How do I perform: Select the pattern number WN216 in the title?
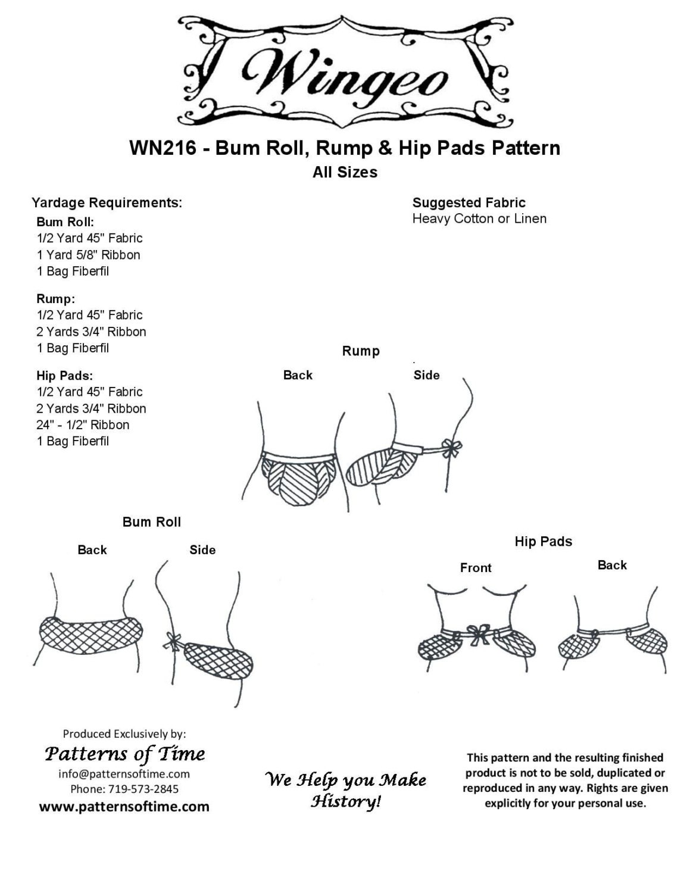163,148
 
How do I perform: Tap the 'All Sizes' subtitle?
345,172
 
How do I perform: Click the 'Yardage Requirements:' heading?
107,202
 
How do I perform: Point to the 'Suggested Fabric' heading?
469,202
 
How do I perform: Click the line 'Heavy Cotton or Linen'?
479,218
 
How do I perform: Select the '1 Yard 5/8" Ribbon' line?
88,255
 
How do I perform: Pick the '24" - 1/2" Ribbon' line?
83,424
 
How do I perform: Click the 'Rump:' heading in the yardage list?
56,299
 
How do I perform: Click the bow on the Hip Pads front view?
479,634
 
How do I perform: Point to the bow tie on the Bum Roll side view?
173,642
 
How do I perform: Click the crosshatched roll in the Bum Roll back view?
91,635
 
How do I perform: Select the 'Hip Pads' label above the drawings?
544,542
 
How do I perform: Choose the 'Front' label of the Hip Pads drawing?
476,568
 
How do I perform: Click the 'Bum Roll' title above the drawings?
152,522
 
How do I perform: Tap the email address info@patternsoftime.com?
124,774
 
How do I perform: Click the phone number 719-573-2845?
143,789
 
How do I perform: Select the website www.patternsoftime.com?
124,806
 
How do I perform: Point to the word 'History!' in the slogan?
346,801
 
